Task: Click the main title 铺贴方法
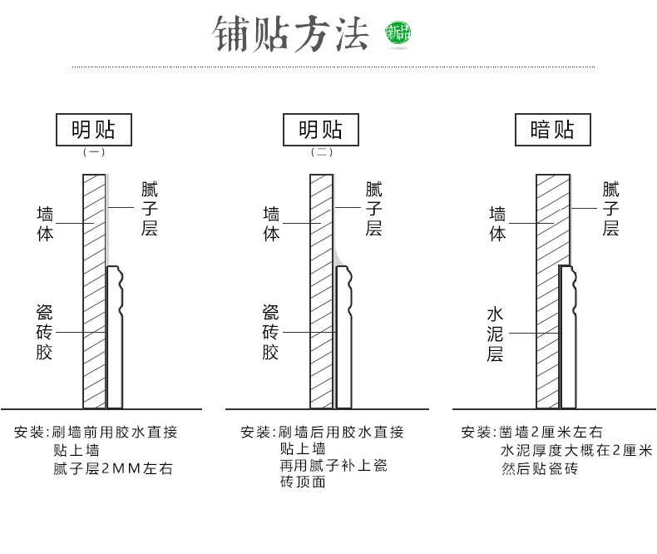[290, 34]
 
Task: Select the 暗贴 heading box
[551, 131]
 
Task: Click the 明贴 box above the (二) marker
[320, 131]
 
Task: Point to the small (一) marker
[93, 152]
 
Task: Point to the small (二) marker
[321, 152]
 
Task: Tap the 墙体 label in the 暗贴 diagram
[497, 224]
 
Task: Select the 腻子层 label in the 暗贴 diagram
[611, 209]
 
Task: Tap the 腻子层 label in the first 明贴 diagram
[149, 209]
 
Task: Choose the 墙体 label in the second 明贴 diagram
[271, 224]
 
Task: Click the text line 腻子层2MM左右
[113, 469]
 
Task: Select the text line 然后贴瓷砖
[539, 469]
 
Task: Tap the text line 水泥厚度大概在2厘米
[576, 451]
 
